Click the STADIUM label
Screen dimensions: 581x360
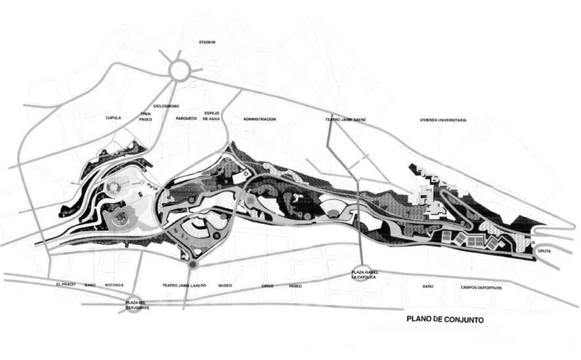point(207,42)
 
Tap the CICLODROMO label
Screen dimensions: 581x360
point(166,106)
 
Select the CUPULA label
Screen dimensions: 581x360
point(113,118)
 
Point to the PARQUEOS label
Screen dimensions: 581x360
point(186,118)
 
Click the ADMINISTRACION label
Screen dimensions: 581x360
point(259,119)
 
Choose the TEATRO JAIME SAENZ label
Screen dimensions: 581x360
point(346,119)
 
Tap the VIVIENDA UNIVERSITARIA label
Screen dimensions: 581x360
point(443,120)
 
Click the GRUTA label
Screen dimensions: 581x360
point(544,251)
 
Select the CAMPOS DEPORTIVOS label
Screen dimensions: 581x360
point(481,288)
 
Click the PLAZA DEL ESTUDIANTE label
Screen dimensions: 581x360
point(138,305)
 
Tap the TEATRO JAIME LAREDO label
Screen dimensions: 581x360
point(184,285)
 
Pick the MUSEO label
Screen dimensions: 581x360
point(225,285)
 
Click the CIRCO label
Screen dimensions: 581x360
point(267,286)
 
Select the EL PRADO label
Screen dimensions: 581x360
point(66,284)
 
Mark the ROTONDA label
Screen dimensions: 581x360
point(114,285)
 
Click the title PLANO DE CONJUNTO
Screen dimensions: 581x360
point(445,319)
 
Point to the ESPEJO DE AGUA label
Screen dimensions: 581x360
point(211,116)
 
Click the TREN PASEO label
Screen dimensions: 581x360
point(146,116)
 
